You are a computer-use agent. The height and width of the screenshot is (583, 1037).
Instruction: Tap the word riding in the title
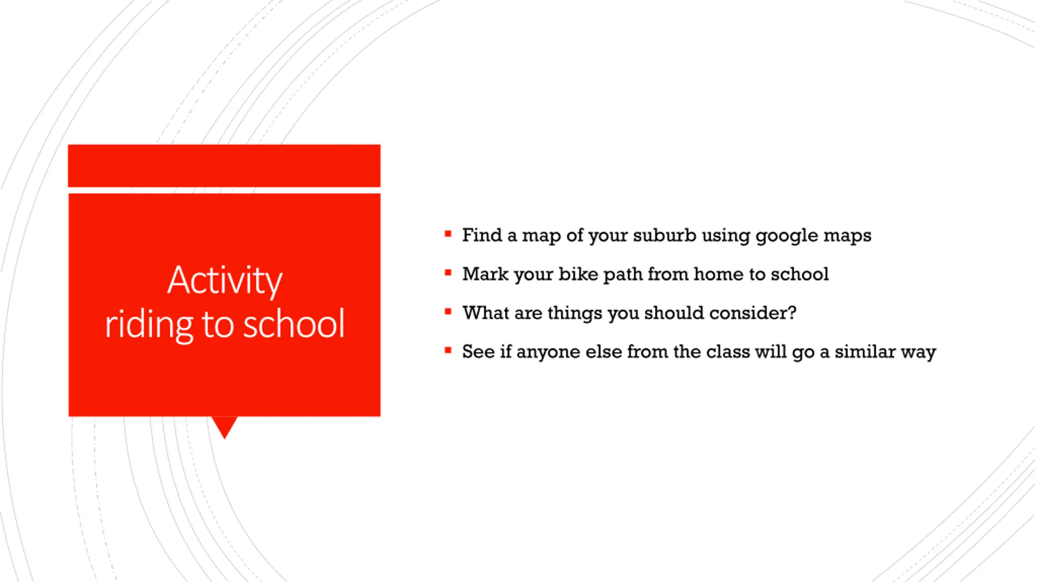click(x=149, y=324)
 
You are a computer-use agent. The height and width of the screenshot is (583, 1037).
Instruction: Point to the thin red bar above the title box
click(x=224, y=166)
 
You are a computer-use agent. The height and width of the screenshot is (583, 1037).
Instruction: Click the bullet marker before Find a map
click(x=448, y=234)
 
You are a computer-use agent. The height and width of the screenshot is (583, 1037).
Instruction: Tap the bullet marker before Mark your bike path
click(x=448, y=272)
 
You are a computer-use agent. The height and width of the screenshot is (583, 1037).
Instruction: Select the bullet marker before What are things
click(x=448, y=311)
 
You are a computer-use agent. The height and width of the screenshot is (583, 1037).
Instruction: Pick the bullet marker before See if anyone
click(x=448, y=350)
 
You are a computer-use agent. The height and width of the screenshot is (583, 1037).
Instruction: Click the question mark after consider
click(x=792, y=313)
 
